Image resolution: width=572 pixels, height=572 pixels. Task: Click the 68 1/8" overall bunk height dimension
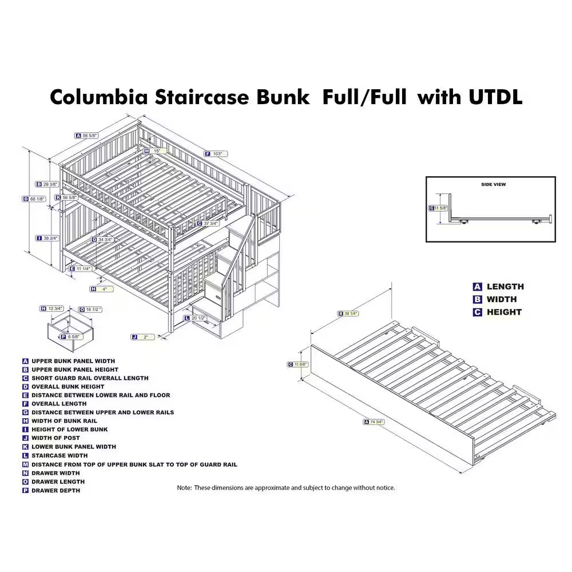(x=38, y=199)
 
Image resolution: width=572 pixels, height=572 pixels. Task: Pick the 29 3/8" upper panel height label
(x=50, y=184)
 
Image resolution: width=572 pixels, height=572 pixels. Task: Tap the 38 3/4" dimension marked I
(x=50, y=238)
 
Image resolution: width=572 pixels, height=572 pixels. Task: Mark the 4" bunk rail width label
(x=105, y=289)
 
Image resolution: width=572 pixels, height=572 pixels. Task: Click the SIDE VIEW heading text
(x=493, y=185)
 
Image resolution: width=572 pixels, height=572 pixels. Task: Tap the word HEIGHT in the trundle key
(x=504, y=312)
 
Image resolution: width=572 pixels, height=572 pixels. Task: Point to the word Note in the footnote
(x=184, y=488)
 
